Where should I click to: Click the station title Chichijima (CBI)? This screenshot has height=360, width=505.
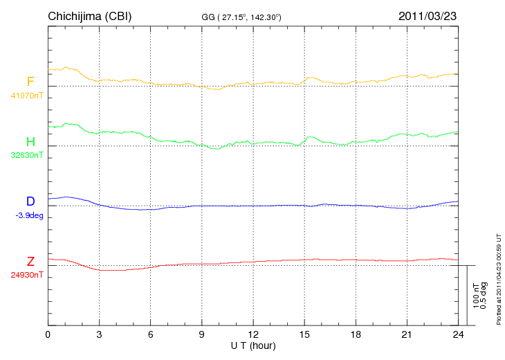pos(89,16)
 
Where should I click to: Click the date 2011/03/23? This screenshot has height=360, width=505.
pos(428,16)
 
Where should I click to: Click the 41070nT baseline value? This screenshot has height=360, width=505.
pos(26,96)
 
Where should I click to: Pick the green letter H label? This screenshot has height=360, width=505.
pos(30,142)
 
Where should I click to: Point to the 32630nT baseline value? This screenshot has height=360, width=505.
pos(26,155)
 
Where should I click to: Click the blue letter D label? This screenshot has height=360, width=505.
pos(30,202)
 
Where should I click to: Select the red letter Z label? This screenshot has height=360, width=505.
pos(30,262)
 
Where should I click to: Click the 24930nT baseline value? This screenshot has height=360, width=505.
pos(26,275)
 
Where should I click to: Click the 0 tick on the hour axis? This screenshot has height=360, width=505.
pos(48,334)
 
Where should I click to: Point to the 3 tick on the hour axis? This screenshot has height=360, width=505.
pos(100,334)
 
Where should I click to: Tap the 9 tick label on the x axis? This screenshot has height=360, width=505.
pos(202,334)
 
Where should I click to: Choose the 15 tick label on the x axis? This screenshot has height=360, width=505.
pos(304,334)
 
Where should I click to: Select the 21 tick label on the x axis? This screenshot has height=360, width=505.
pos(407,334)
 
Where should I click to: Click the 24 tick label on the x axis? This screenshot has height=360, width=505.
pos(458,334)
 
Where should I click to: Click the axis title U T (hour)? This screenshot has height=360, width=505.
pos(253,345)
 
